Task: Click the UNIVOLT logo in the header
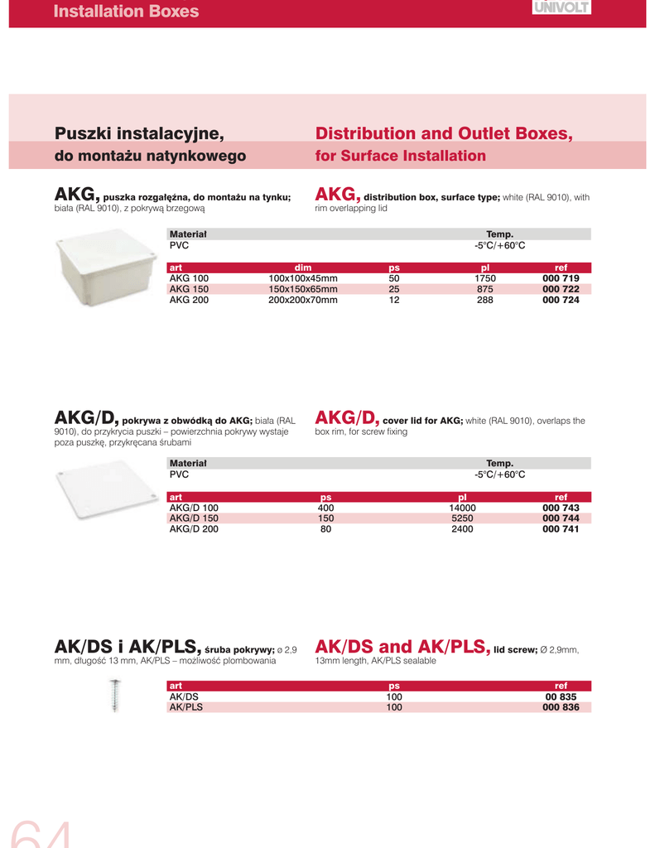(561, 7)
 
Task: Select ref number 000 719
(561, 278)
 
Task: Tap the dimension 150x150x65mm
(303, 289)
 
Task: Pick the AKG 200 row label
(189, 300)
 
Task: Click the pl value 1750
(485, 278)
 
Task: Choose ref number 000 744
(561, 518)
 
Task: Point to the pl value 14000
(462, 507)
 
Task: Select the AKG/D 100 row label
(194, 507)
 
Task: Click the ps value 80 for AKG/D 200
(325, 528)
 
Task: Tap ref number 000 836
(561, 707)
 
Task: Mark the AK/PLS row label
(186, 707)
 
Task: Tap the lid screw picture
(115, 695)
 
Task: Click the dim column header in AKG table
(303, 267)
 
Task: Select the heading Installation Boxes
(126, 12)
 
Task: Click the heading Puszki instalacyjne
(139, 133)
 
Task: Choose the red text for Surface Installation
(401, 156)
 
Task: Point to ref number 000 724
(561, 300)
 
